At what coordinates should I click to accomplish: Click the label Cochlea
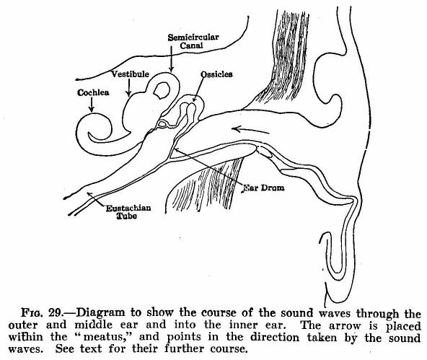(x=93, y=92)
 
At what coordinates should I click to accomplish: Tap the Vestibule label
(x=130, y=74)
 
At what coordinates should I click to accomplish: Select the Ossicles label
(x=216, y=74)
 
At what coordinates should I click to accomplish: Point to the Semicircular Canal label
(x=193, y=41)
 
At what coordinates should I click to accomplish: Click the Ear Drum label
(x=263, y=188)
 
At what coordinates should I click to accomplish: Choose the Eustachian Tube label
(x=128, y=212)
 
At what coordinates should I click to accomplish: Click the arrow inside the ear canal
(x=250, y=130)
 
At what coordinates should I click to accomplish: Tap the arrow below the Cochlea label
(x=92, y=105)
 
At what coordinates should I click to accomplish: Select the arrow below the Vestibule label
(x=129, y=88)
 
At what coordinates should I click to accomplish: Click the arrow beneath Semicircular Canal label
(x=171, y=59)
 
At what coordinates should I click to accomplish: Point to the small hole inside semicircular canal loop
(x=162, y=90)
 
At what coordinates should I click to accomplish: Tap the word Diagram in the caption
(x=100, y=313)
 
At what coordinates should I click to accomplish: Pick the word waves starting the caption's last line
(x=25, y=349)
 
